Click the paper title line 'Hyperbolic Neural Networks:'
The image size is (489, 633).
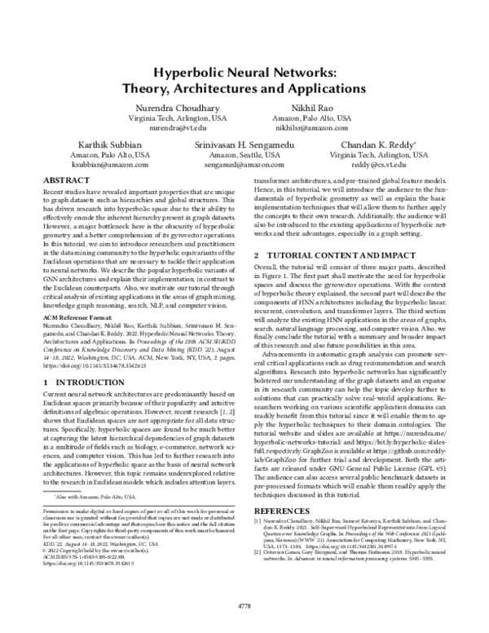(x=244, y=73)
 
